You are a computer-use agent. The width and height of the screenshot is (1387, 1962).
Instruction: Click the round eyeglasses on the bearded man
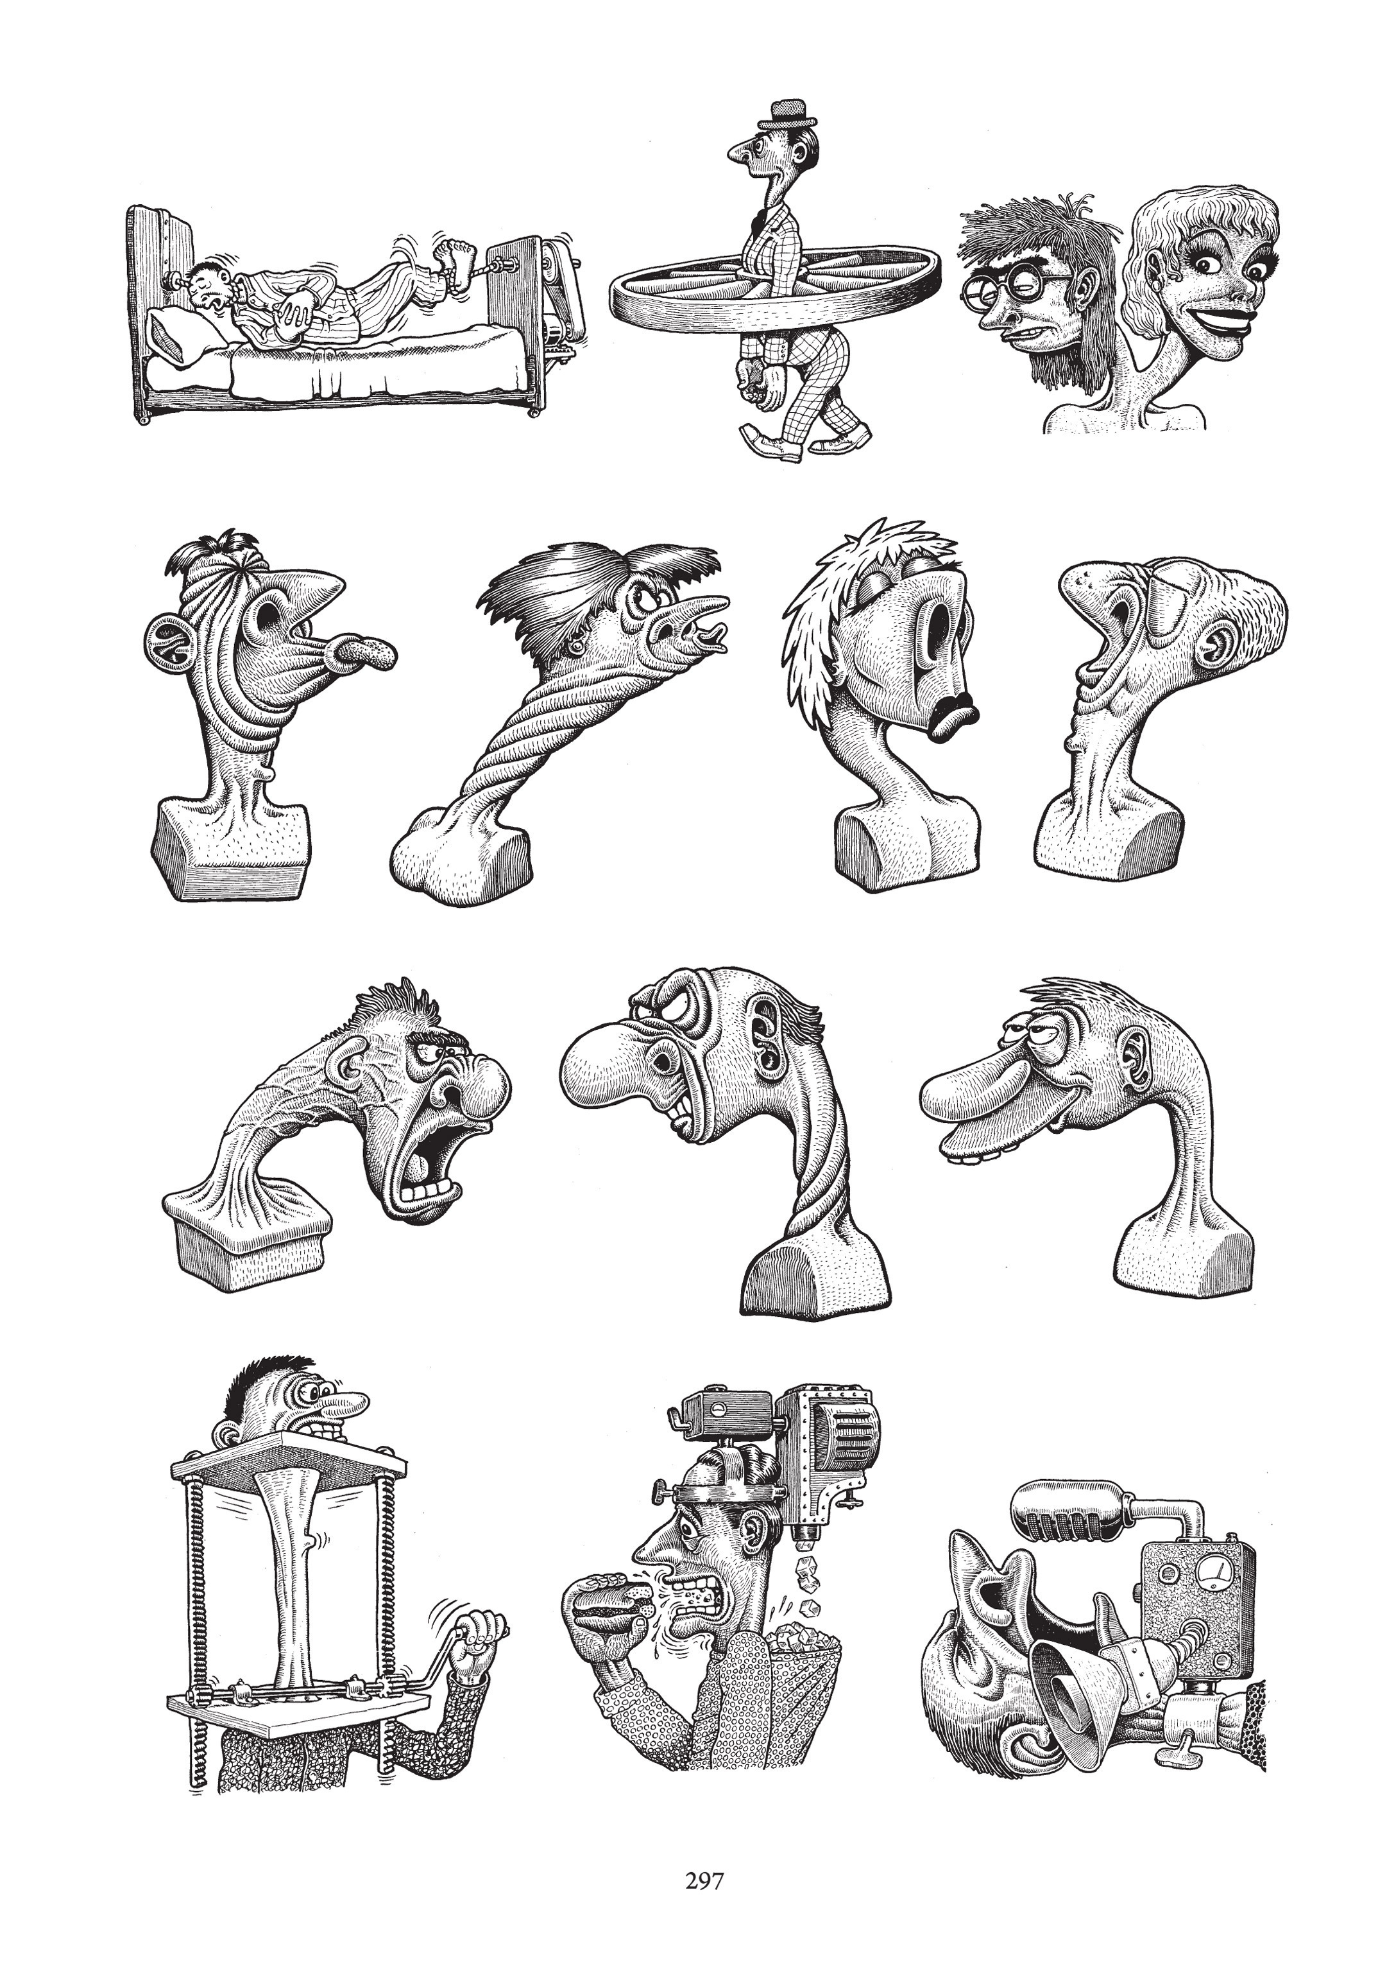[1003, 286]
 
